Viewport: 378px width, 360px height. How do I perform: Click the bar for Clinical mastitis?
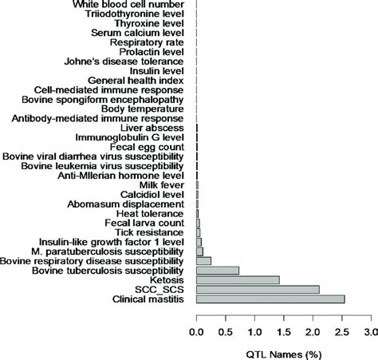click(270, 299)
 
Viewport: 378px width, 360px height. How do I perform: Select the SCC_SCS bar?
click(258, 289)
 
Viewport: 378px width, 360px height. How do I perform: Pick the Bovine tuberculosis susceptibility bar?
click(217, 270)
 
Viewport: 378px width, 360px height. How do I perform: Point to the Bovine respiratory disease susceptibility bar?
click(203, 260)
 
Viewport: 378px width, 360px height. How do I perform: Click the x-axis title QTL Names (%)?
click(282, 350)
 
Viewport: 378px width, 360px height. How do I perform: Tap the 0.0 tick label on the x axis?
click(196, 330)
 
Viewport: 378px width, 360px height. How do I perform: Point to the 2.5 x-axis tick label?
click(341, 330)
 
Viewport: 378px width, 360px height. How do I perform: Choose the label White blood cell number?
click(129, 5)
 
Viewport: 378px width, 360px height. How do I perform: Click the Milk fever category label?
click(163, 184)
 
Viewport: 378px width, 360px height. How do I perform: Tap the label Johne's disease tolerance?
click(128, 61)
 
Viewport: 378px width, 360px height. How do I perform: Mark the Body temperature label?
click(146, 109)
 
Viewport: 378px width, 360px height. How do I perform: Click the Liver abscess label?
click(153, 128)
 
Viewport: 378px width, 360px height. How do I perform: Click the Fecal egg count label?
click(149, 147)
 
